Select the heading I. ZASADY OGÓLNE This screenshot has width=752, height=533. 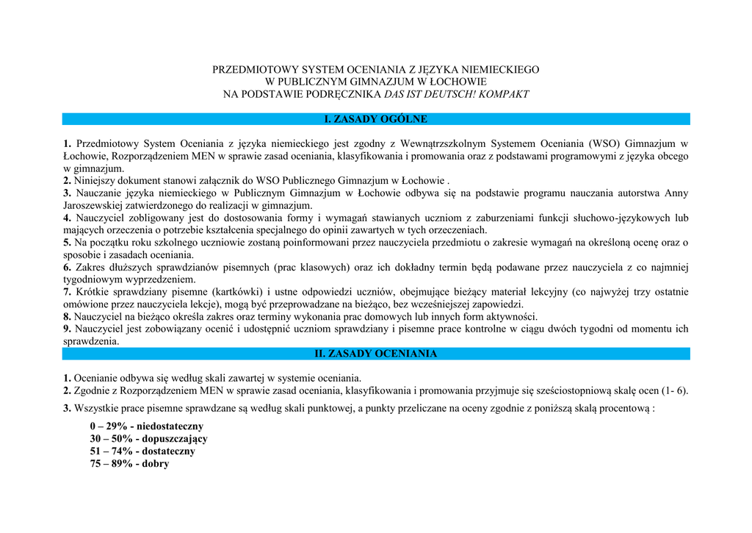[x=375, y=119]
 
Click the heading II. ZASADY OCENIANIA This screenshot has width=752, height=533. [x=375, y=354]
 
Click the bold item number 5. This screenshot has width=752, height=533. [x=67, y=243]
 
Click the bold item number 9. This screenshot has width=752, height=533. [x=67, y=329]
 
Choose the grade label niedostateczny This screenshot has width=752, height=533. [x=170, y=426]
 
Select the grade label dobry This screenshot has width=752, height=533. [x=156, y=464]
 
